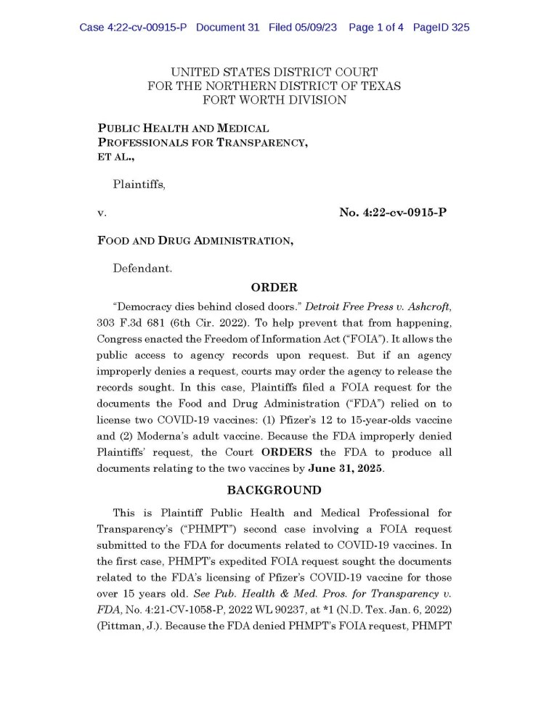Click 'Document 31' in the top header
click(227, 28)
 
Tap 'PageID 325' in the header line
click(441, 28)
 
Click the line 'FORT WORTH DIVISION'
click(274, 99)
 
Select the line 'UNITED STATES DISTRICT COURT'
click(274, 72)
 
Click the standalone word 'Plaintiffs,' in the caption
click(139, 184)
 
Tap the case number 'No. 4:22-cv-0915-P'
click(392, 213)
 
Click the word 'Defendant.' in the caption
click(142, 268)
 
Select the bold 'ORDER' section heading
click(274, 287)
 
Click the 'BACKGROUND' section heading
click(274, 490)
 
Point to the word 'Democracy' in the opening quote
click(144, 307)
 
